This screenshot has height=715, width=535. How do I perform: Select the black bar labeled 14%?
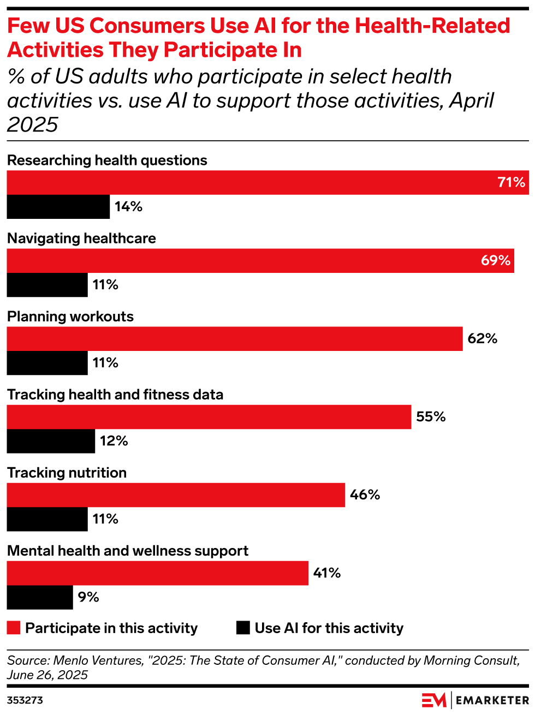(x=58, y=207)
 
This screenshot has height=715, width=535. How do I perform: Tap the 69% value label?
(x=495, y=260)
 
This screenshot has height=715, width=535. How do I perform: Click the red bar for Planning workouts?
(x=235, y=339)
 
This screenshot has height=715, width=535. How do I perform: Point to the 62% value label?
(x=483, y=339)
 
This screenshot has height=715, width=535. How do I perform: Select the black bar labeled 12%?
(x=51, y=441)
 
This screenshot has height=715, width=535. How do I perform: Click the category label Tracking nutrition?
(x=67, y=473)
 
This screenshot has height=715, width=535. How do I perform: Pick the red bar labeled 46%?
(x=176, y=495)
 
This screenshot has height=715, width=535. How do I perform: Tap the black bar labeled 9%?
(x=40, y=597)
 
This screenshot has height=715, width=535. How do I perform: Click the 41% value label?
(x=327, y=573)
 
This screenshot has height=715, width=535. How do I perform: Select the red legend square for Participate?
(x=14, y=628)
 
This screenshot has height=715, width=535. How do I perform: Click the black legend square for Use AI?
(x=243, y=628)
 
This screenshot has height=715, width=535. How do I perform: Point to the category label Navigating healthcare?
(x=81, y=239)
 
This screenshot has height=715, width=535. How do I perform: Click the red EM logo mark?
(x=434, y=700)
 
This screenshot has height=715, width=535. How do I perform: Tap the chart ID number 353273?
(x=25, y=700)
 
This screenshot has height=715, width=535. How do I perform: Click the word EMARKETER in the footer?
(x=492, y=700)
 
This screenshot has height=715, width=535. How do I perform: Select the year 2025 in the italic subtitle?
(x=33, y=124)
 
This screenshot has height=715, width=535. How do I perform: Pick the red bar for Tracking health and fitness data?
(x=209, y=417)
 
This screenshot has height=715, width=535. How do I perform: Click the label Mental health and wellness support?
(x=128, y=551)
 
